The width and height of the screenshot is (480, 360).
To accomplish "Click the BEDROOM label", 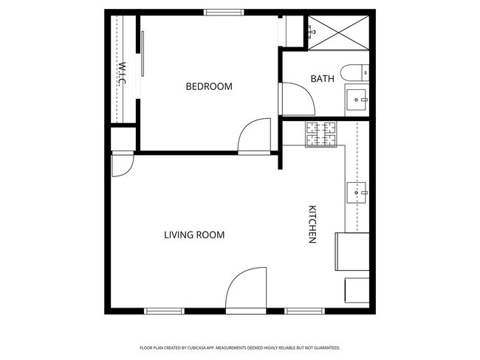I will coord(208,86).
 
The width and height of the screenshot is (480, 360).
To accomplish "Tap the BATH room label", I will coord(322,78).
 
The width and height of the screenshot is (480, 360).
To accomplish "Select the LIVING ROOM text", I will coord(193,235).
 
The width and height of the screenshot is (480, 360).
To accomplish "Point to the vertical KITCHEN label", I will coord(312,224).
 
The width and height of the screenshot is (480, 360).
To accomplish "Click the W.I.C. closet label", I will coord(121,75).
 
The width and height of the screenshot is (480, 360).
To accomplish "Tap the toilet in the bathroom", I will coord(356,73).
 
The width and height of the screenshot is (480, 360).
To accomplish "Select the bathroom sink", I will coord(358,98).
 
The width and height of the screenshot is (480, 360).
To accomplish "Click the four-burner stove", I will coord(320,134).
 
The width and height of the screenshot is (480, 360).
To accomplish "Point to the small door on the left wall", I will coord(121,165).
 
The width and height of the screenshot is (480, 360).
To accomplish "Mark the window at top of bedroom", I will coord(224,12).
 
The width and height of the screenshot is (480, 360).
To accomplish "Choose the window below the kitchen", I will coord(306,311).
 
